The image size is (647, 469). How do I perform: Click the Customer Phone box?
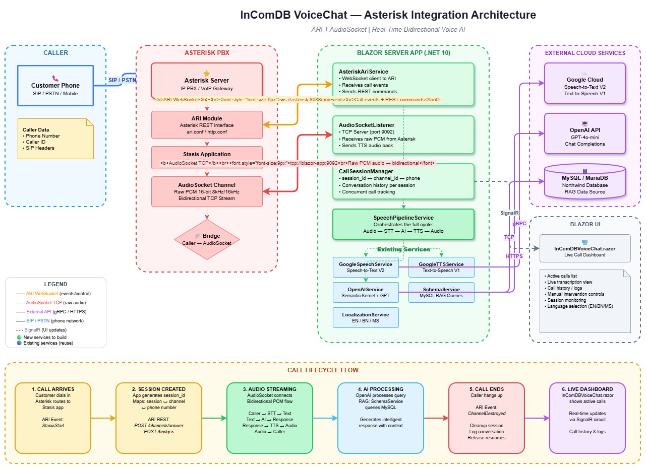coord(55,85)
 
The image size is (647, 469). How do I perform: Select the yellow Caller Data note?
coord(55,139)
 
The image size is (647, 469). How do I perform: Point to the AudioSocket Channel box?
coord(207,191)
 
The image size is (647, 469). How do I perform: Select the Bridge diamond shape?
coord(207,239)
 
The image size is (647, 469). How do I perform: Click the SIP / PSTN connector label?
coord(122,80)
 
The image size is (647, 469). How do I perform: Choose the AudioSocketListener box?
coord(403,135)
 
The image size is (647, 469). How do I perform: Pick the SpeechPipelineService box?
coord(403,224)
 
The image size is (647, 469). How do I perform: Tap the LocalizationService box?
coord(366,317)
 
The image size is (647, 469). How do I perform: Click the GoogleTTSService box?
coord(441,267)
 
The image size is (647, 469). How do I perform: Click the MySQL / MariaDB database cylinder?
coord(584,181)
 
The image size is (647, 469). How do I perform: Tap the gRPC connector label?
coord(519,223)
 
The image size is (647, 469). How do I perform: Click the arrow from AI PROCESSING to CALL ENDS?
coord(436,418)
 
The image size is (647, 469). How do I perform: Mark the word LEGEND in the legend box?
coord(55,284)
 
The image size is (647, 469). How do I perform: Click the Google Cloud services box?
coord(584,83)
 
